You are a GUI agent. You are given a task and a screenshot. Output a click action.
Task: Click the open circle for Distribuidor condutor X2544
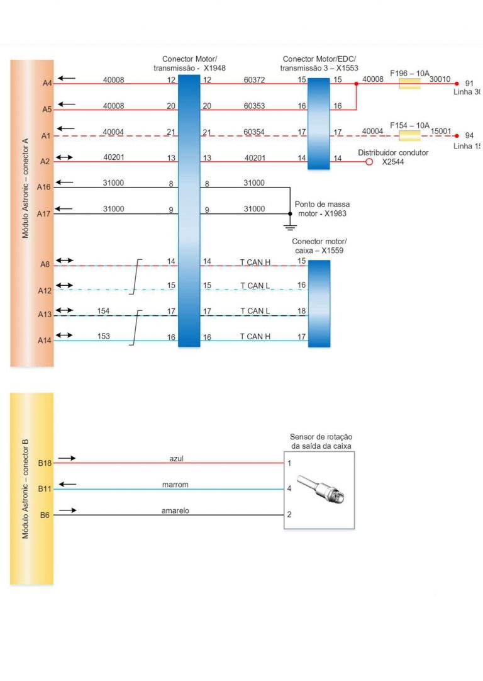[x=369, y=162]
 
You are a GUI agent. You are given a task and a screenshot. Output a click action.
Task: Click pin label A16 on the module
[x=43, y=187]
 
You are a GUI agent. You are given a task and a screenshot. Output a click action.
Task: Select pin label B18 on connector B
[x=45, y=463]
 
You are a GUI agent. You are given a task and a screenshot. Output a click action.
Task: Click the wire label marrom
[x=175, y=485]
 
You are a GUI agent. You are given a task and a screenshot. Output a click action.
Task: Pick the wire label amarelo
[x=175, y=510]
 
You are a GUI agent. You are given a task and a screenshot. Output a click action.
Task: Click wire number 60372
[x=254, y=80]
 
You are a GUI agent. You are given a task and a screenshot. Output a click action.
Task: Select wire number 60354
[x=254, y=132]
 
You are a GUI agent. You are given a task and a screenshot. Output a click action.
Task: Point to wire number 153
[x=104, y=336]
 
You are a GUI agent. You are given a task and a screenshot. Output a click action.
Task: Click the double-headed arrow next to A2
[x=66, y=157]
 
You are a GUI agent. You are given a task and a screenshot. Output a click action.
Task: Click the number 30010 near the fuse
[x=440, y=79]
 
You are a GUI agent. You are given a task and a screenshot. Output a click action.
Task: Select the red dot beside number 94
[x=457, y=136]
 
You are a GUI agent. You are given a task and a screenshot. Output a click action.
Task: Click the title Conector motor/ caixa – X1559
[x=319, y=245]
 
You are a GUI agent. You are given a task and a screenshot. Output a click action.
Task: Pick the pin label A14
[x=43, y=340]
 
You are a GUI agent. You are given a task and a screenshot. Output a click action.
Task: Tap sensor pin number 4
[x=289, y=488]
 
